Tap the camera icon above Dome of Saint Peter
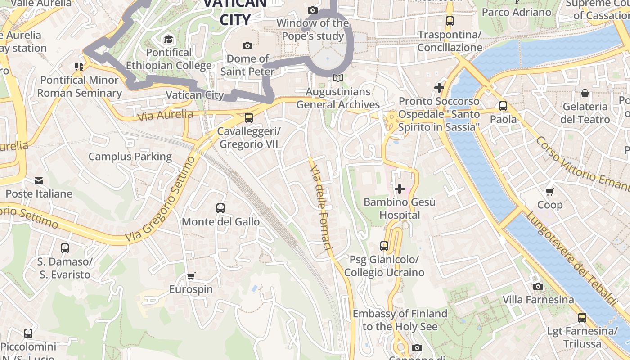point(247,45)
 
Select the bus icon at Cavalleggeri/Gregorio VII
point(248,118)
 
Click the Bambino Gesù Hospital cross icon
point(399,189)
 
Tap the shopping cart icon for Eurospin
point(191,276)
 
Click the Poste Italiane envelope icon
point(39,181)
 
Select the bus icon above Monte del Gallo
point(220,208)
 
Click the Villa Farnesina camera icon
point(538,286)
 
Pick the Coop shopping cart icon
point(549,192)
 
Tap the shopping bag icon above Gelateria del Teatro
point(585,93)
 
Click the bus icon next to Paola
point(503,107)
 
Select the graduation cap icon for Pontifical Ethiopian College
point(169,39)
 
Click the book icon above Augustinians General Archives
point(337,78)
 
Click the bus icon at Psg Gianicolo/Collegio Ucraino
point(384,246)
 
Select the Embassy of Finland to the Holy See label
point(400,320)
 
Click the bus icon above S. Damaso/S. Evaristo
point(65,248)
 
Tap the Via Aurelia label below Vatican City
point(165,115)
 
